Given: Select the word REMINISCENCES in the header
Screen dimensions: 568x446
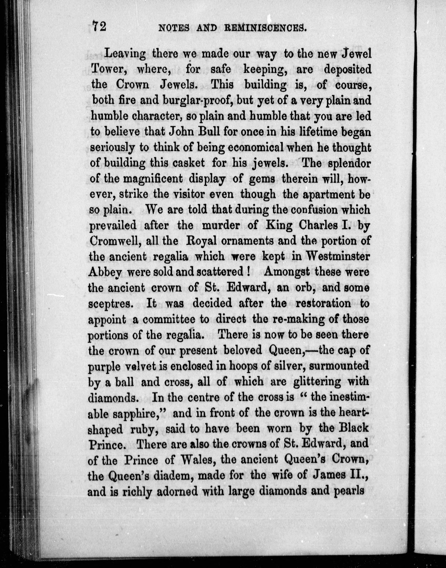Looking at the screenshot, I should click(x=264, y=28).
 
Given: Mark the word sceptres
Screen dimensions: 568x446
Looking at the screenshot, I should click(x=109, y=303).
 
